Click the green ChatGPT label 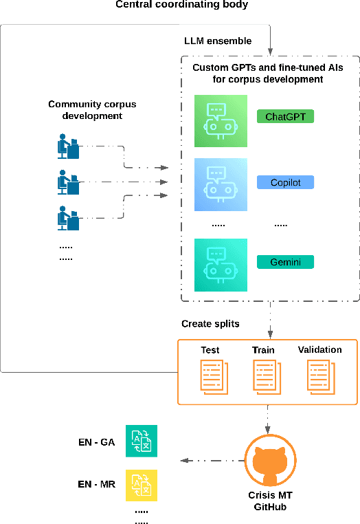click(x=284, y=116)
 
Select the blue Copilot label click(x=284, y=182)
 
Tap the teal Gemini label click(x=284, y=261)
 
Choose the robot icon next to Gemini click(x=218, y=265)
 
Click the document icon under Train click(x=265, y=378)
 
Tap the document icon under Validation click(x=319, y=378)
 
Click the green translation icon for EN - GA click(x=141, y=441)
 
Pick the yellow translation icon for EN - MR click(x=141, y=485)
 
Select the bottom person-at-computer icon click(x=67, y=218)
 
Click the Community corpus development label click(x=92, y=110)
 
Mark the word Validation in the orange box click(x=319, y=349)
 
